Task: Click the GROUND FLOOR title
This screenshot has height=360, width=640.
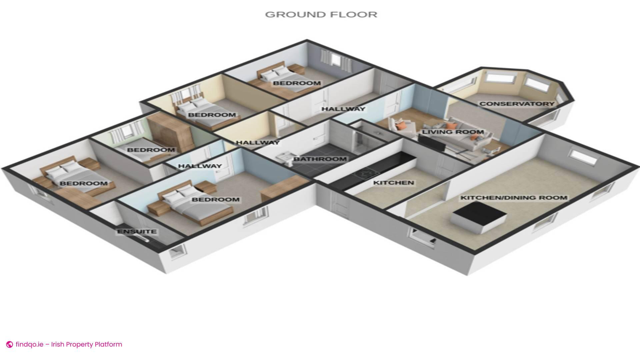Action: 321,15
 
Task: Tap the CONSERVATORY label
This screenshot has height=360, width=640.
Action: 517,104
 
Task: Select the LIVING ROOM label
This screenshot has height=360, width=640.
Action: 453,132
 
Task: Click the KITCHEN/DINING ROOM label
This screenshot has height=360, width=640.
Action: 514,198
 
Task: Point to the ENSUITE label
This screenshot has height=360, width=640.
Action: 137,232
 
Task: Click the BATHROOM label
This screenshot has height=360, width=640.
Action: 320,159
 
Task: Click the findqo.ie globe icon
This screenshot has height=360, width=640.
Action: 10,344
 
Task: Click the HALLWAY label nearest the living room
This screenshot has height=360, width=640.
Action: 343,109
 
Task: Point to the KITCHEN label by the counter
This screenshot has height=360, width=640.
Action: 393,183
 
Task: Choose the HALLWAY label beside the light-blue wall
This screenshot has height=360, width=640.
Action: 200,166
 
